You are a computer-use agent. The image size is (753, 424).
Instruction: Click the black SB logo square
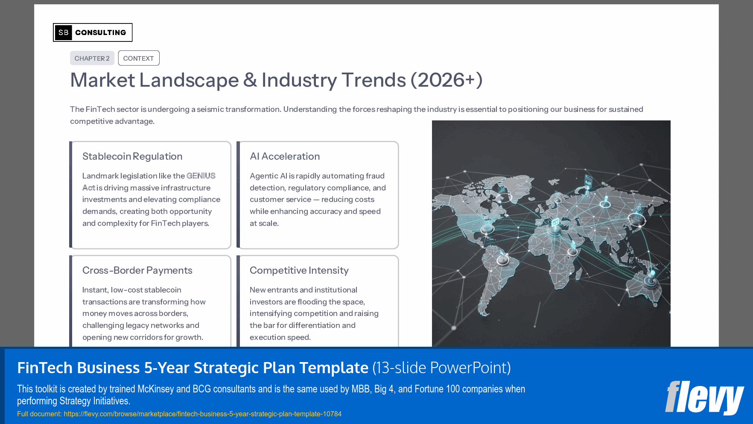[x=63, y=32]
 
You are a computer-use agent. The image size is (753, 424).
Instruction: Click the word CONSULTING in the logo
[x=101, y=32]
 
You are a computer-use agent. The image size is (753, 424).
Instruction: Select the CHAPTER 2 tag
[x=92, y=58]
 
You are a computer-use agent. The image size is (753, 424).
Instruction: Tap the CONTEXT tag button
[x=138, y=58]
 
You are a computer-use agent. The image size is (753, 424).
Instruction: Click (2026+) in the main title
[x=447, y=80]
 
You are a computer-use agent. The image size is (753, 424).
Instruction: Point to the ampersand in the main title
[x=250, y=80]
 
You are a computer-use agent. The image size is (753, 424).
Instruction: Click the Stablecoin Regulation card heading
[x=132, y=156]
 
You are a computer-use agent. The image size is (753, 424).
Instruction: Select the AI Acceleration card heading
[x=285, y=156]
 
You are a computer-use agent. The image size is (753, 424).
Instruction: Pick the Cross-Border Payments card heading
[x=137, y=270]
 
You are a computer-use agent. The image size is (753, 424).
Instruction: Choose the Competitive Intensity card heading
[x=299, y=270]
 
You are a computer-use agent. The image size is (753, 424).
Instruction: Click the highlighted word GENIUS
[x=201, y=176]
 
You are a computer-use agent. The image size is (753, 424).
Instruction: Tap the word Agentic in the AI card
[x=264, y=176]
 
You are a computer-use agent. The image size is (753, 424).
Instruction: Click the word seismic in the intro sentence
[x=210, y=109]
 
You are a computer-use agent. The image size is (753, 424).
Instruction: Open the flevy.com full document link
[x=202, y=414]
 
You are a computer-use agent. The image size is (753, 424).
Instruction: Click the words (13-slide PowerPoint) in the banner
[x=441, y=368]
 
